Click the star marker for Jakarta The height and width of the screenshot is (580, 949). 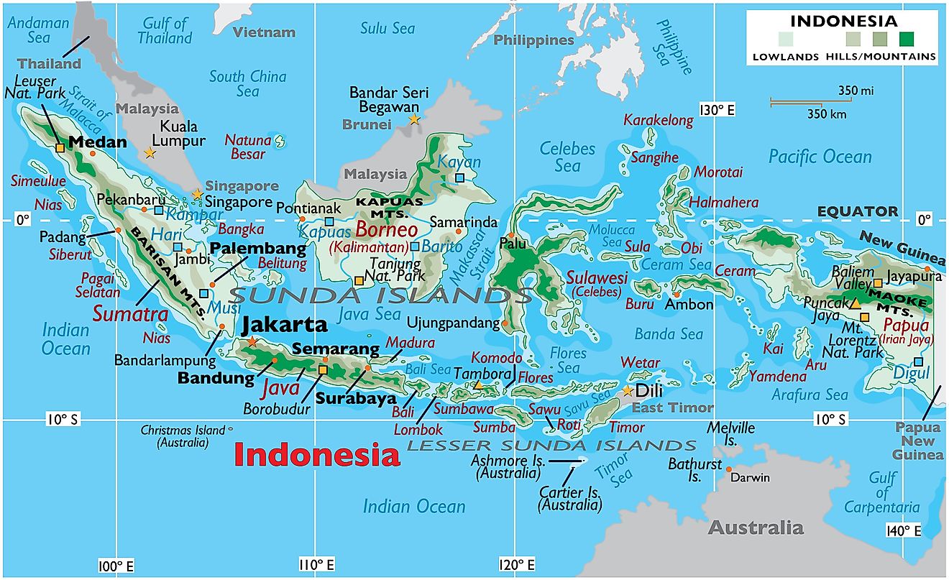tap(252, 342)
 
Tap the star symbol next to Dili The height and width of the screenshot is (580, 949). tap(628, 391)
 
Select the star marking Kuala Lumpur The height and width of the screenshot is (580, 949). tap(150, 153)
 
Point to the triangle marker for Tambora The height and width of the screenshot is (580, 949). tap(478, 386)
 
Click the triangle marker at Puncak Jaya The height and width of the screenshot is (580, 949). tap(855, 304)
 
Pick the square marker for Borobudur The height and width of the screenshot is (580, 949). tap(322, 369)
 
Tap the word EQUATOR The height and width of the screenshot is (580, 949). tap(857, 211)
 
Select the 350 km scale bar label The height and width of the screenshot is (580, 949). tap(826, 114)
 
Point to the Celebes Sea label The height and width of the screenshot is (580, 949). tap(568, 157)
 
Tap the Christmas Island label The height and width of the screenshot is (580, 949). tap(183, 436)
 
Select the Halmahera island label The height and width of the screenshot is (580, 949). tap(724, 203)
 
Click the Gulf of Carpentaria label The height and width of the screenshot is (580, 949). tap(882, 493)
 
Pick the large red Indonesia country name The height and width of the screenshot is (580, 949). tap(317, 455)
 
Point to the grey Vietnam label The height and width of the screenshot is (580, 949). tap(264, 32)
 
